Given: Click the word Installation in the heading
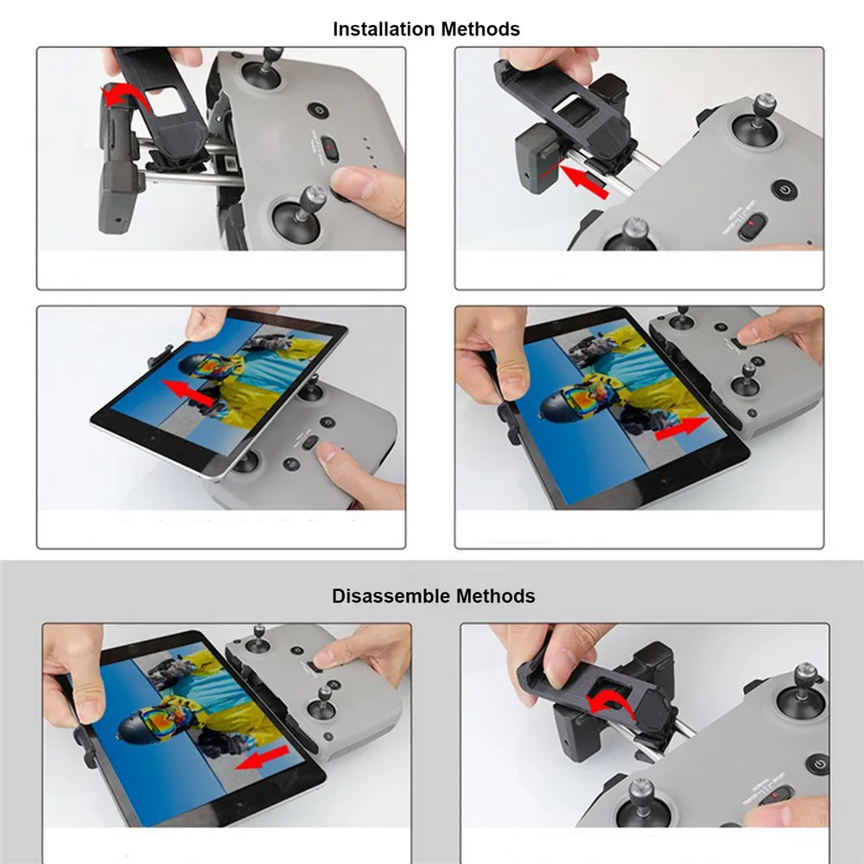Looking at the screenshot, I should tap(384, 29).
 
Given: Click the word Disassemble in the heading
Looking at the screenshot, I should tap(391, 596).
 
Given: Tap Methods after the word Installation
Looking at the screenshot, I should tap(480, 29).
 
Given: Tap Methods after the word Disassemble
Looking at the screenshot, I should tap(495, 596).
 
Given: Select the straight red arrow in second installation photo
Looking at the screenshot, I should tap(583, 182).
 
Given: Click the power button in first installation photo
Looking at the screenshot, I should tap(320, 111).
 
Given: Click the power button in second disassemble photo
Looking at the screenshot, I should tap(818, 765).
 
